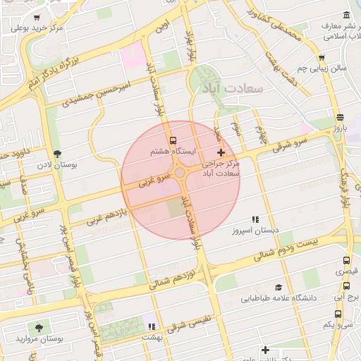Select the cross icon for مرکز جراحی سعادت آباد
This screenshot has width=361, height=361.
click(221, 152)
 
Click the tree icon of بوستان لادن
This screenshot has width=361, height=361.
click(56, 154)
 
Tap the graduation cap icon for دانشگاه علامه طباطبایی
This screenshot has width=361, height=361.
click(279, 288)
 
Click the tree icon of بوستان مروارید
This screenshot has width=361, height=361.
click(38, 328)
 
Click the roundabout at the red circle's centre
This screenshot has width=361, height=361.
click(180, 173)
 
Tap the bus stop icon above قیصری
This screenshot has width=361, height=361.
click(345, 259)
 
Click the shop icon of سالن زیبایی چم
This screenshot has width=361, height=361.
click(322, 58)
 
